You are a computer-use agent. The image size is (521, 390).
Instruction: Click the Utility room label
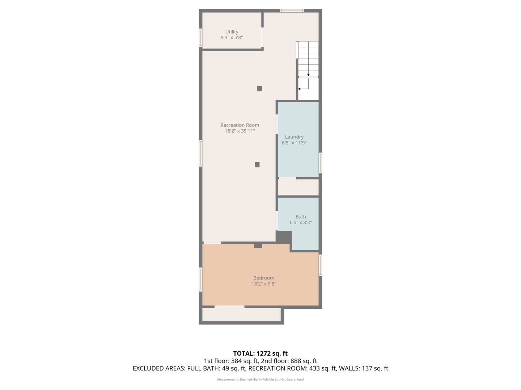(x=232, y=32)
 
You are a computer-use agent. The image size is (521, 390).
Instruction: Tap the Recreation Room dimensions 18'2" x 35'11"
(x=240, y=131)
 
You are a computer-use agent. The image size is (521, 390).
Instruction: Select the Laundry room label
(x=294, y=137)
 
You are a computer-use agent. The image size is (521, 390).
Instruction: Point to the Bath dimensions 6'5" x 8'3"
(x=300, y=222)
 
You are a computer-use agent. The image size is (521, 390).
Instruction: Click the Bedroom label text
(x=263, y=278)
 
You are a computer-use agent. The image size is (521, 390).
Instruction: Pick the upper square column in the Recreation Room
(x=259, y=88)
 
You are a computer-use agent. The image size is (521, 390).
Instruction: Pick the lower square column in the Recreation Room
(x=257, y=165)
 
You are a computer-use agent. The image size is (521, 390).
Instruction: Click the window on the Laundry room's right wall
(x=320, y=163)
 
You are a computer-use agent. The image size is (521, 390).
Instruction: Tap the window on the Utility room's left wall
(x=201, y=38)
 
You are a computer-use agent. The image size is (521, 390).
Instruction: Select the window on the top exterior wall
(x=292, y=11)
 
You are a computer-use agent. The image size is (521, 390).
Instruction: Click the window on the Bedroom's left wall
(x=201, y=279)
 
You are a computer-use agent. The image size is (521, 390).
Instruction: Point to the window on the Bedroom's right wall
(x=320, y=265)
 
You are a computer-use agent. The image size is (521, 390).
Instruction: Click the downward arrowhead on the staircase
(x=308, y=75)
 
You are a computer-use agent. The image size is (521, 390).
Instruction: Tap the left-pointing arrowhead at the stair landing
(x=299, y=89)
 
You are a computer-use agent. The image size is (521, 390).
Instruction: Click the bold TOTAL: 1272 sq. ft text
(x=260, y=353)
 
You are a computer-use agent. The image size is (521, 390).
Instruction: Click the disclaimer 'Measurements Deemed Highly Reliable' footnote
(x=260, y=379)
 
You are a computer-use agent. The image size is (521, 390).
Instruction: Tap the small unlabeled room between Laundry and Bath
(x=298, y=187)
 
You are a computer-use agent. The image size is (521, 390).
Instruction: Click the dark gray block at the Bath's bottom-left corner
(x=284, y=237)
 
